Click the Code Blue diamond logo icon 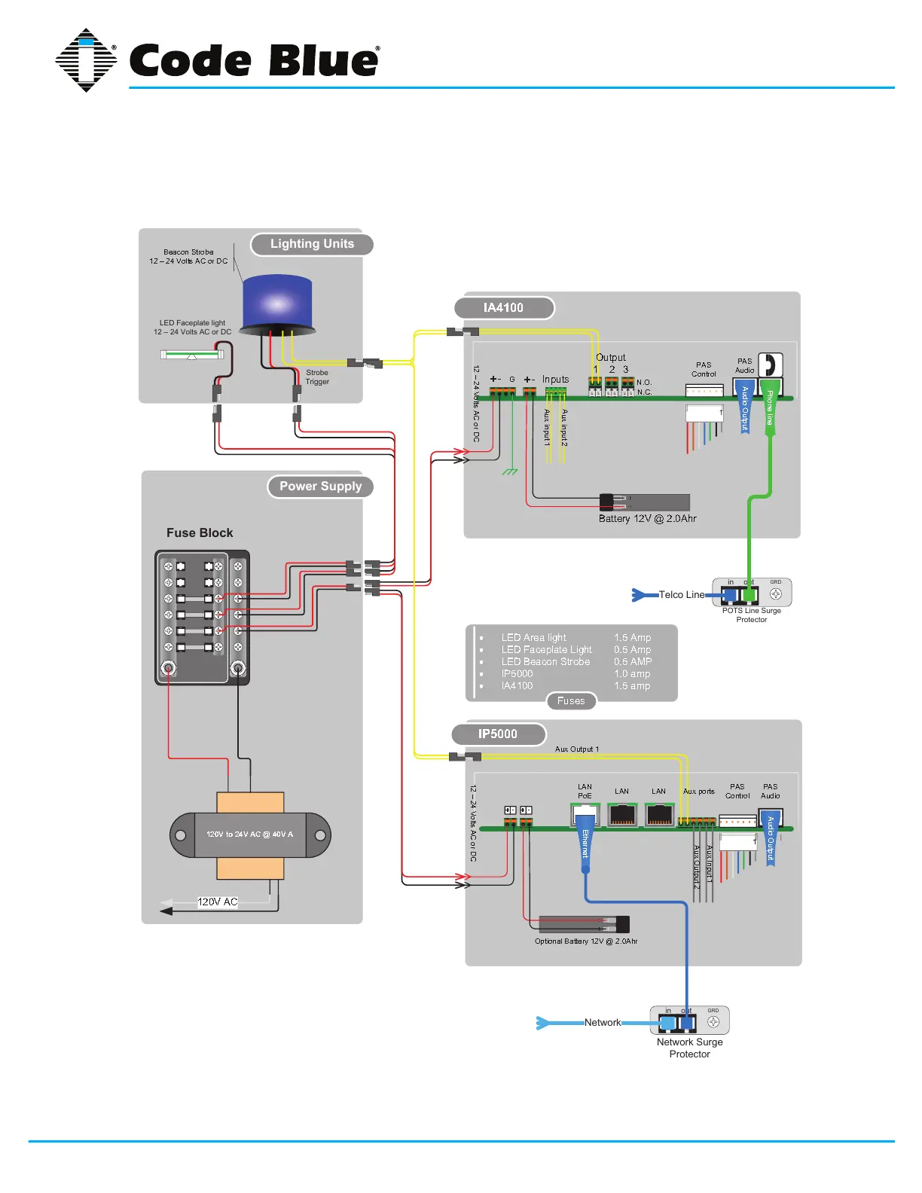coord(87,60)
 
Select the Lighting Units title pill coord(312,244)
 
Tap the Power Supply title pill coord(320,487)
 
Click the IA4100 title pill coord(504,307)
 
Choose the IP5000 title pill coord(498,734)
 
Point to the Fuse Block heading coord(200,532)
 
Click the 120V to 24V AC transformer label coord(250,834)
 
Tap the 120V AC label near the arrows coord(217,902)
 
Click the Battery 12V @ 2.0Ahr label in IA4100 coord(647,519)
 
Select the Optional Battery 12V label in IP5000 coord(586,941)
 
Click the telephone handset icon coord(769,365)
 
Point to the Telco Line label coord(682,595)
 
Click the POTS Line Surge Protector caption coord(751,615)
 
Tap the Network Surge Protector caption coord(689,1048)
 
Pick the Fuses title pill coord(571,701)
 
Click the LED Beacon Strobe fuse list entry coord(545,662)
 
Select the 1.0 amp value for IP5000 coord(632,674)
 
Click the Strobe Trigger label coord(317,377)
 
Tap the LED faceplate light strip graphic coord(192,354)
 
